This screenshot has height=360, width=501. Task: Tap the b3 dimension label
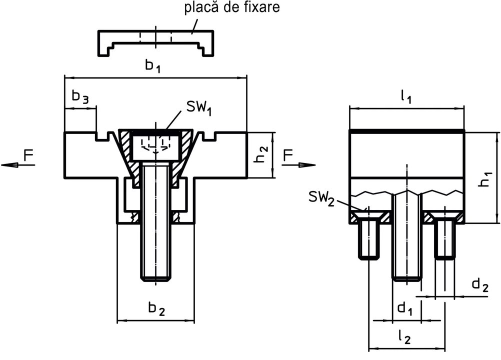pos(80,97)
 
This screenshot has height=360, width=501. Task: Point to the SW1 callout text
pos(199,107)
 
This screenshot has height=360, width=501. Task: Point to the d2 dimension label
pos(480,285)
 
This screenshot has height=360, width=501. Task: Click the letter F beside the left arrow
pos(29,156)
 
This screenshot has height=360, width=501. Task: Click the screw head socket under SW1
pos(156,145)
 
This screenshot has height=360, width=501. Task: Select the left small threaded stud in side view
pos(369,240)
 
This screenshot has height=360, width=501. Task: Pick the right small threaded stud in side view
pos(444,240)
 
